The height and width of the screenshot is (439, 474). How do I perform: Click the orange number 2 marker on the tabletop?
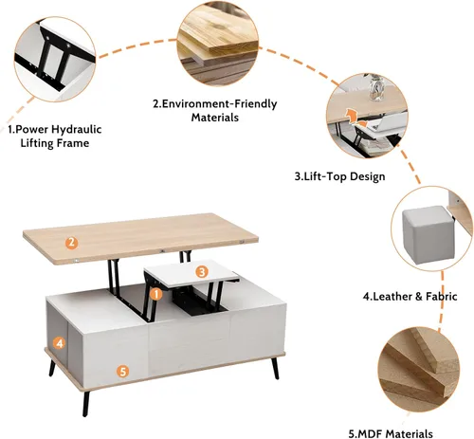(72, 243)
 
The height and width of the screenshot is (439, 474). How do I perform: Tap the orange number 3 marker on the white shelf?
(202, 271)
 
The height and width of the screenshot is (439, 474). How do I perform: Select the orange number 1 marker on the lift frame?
(155, 294)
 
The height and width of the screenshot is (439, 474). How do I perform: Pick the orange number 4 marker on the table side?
(60, 343)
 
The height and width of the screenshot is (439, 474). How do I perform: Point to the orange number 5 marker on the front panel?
(123, 372)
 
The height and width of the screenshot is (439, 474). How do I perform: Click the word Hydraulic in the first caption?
(77, 130)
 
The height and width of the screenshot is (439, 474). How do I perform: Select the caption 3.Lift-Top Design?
(339, 176)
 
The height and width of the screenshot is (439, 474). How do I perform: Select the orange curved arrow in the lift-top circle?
(353, 116)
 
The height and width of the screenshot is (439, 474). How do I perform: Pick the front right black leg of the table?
(274, 368)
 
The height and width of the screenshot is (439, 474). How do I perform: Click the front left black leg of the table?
(86, 403)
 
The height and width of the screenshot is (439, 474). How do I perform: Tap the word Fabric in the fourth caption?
(442, 297)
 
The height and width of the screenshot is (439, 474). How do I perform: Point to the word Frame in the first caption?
(74, 143)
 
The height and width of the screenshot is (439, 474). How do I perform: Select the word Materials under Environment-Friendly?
(215, 118)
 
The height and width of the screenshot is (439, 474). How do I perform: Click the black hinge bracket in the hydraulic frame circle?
(54, 57)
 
